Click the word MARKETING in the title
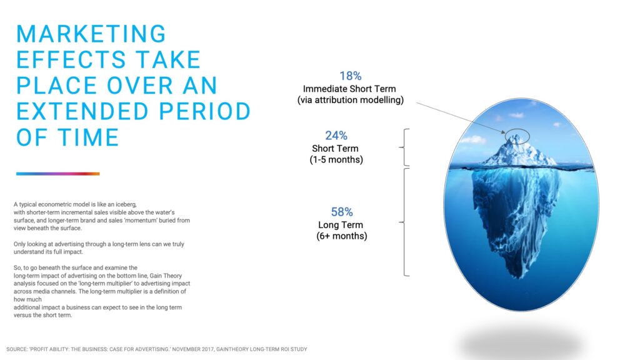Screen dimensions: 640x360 91,34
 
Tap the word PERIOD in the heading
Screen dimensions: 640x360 205,111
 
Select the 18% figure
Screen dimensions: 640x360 351,76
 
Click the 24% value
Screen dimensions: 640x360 336,136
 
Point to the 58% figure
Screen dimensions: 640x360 342,212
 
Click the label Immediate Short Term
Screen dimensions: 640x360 349,89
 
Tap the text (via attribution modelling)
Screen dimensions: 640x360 350,100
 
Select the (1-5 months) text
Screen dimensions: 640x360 336,159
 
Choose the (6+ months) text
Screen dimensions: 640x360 342,236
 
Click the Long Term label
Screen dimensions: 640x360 341,225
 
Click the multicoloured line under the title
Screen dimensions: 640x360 58,174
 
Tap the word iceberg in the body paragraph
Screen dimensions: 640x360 126,204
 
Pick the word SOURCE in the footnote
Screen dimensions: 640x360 17,349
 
